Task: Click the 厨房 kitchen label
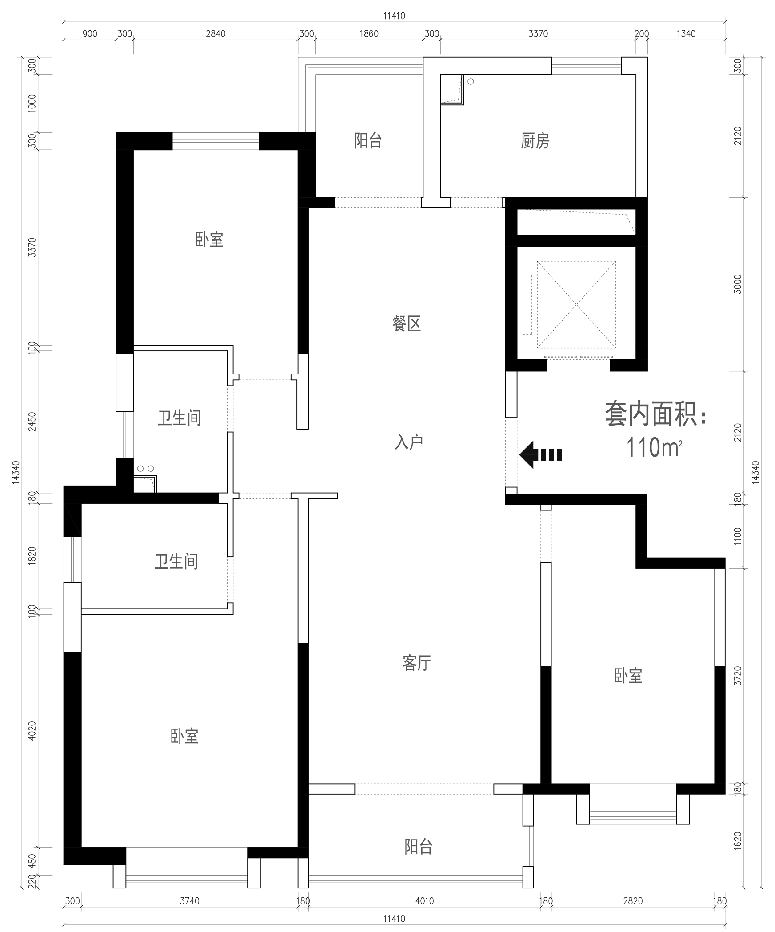(x=535, y=141)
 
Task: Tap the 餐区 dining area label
(x=407, y=323)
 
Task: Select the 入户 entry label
(x=409, y=442)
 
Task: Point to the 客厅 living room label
(x=417, y=663)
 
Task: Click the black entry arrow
(x=541, y=455)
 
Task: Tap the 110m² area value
(x=654, y=447)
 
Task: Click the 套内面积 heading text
(x=656, y=414)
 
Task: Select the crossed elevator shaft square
(x=576, y=305)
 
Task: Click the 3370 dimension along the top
(x=538, y=34)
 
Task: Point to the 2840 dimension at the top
(x=216, y=34)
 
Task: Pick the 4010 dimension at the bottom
(x=424, y=901)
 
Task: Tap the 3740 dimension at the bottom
(x=189, y=901)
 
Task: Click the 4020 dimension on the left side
(x=32, y=731)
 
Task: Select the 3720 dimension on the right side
(x=738, y=676)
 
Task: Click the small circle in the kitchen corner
(x=471, y=82)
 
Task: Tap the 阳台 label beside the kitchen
(x=368, y=141)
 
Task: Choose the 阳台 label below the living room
(x=418, y=847)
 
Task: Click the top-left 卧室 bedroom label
(x=209, y=240)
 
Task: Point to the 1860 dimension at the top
(x=369, y=34)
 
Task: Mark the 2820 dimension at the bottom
(x=633, y=901)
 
